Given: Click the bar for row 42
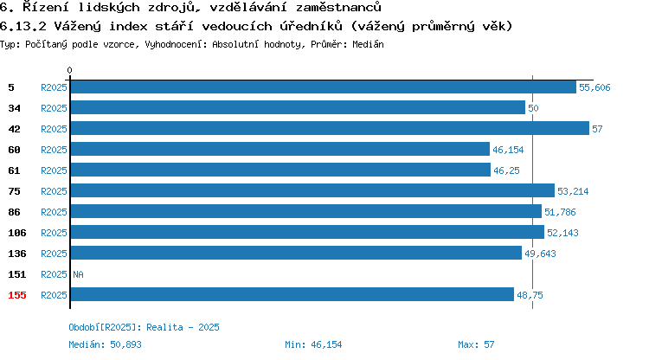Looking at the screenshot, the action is (x=330, y=128).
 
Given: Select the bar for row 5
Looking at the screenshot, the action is (x=324, y=87).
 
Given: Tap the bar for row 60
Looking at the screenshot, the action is (x=280, y=149).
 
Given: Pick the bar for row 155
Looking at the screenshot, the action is (x=292, y=294).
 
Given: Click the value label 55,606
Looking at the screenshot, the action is (x=594, y=87).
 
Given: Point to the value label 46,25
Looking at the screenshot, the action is (x=506, y=170).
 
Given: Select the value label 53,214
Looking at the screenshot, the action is (x=573, y=191).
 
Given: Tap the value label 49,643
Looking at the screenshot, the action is (x=540, y=254).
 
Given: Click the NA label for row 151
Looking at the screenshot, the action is (x=78, y=274).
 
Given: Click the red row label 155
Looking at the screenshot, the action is (x=17, y=295).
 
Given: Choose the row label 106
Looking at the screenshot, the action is (x=17, y=233).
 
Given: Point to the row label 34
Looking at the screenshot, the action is (x=14, y=108).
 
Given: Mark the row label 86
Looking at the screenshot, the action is (x=14, y=212).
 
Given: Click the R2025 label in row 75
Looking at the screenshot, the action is (x=54, y=191).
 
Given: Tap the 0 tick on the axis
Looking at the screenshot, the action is (x=69, y=70).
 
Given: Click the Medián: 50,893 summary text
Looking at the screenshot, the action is (x=105, y=344).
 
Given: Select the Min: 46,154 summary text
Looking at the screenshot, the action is (x=313, y=344).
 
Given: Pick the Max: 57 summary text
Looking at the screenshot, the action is (x=476, y=344).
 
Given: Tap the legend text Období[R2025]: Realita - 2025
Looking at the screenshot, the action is (x=144, y=327).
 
